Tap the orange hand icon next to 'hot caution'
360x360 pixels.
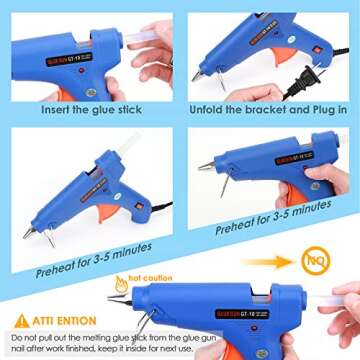point(122,283)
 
